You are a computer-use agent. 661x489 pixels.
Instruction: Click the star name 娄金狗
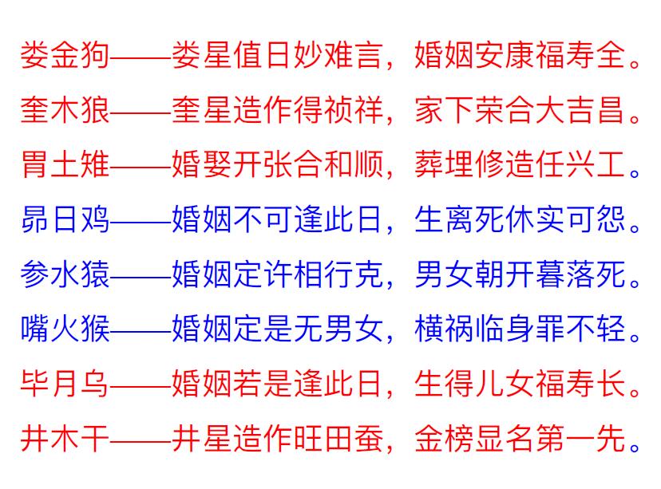65,55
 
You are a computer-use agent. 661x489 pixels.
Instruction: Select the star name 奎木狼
65,110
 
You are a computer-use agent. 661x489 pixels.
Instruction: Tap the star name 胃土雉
65,164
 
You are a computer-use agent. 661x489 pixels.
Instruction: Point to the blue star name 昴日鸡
65,219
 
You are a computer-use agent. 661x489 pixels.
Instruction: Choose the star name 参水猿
65,274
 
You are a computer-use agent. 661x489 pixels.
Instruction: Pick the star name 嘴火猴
65,329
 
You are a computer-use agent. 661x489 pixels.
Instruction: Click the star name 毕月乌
65,384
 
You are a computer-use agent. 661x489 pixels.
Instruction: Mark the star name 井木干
65,439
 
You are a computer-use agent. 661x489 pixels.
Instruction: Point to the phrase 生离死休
474,219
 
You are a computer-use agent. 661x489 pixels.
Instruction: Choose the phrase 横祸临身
474,329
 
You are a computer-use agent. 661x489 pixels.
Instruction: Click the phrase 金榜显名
474,439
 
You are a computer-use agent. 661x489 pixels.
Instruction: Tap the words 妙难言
338,55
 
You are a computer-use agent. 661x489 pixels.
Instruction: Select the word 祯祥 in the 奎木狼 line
354,110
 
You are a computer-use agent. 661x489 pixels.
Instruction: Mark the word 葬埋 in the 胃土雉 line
445,164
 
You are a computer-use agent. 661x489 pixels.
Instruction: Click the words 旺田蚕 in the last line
338,439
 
